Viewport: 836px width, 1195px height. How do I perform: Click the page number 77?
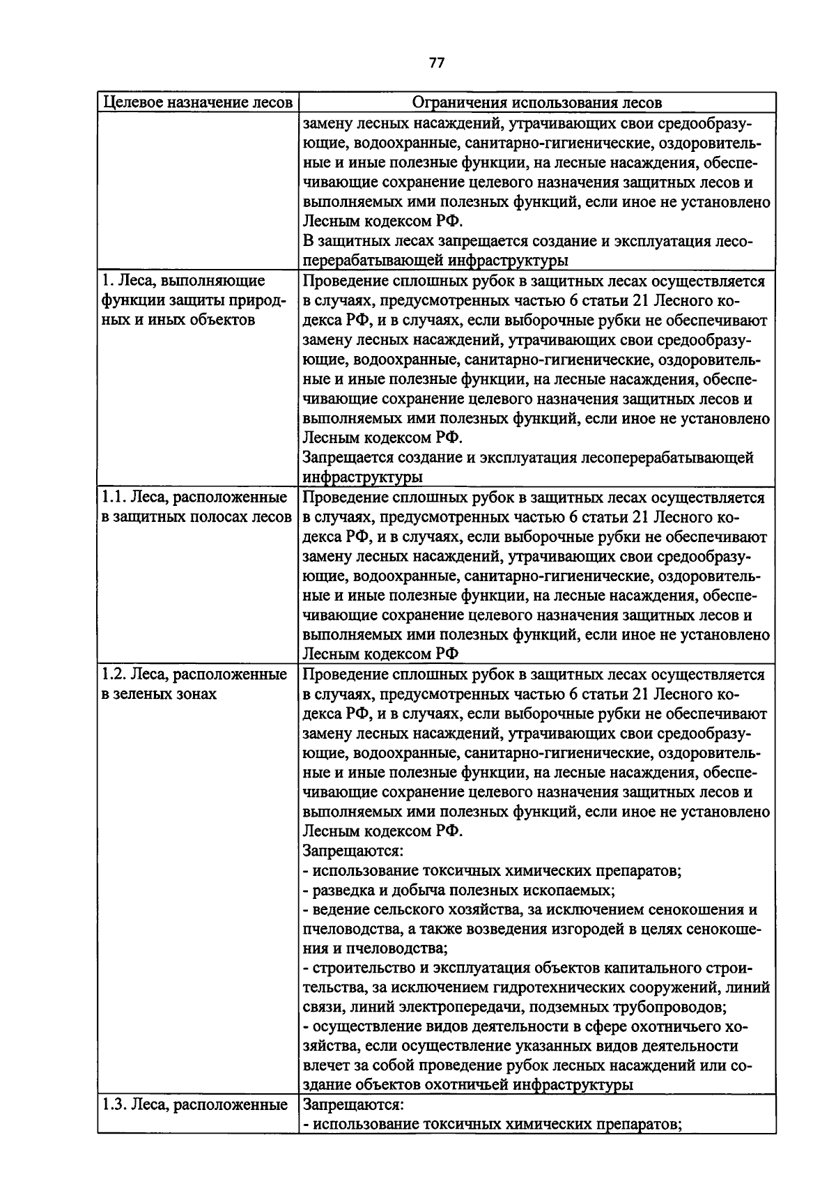[x=436, y=63]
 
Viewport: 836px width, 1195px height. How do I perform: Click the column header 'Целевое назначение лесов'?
[x=198, y=102]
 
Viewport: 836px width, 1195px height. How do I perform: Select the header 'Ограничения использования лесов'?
[x=536, y=102]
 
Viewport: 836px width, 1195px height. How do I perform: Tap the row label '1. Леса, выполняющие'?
[x=183, y=281]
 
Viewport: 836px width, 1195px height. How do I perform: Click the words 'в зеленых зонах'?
[x=159, y=694]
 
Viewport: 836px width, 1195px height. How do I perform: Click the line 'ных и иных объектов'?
[x=178, y=320]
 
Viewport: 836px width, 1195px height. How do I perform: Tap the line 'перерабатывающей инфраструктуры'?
[x=435, y=261]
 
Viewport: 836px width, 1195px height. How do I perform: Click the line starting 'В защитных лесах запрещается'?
[x=528, y=241]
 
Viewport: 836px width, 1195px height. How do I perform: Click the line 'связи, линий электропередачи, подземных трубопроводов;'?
[x=515, y=1007]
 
